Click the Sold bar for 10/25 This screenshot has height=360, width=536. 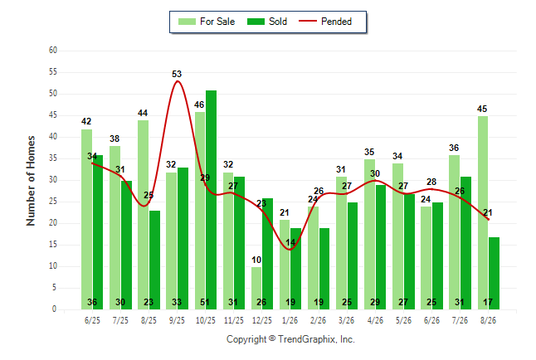211,200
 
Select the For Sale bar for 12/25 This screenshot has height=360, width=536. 256,288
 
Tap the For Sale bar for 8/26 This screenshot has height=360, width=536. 483,212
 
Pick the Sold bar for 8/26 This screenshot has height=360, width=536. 494,274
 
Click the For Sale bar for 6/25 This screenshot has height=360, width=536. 86,220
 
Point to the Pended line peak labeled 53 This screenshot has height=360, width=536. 177,81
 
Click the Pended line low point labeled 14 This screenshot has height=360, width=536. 290,249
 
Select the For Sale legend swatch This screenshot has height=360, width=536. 187,22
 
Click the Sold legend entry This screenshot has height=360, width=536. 267,22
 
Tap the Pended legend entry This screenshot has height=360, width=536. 325,22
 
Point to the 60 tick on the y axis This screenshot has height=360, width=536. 53,51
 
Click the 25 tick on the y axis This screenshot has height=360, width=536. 53,202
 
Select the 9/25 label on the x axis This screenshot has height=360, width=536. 177,320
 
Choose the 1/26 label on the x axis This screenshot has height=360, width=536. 290,320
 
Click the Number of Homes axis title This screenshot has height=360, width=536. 31,181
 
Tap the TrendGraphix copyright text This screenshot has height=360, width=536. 290,339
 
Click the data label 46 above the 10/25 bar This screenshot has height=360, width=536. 199,105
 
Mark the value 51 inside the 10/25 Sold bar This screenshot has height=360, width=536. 205,302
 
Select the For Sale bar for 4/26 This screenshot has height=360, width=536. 369,234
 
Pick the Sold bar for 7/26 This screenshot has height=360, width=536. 465,243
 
